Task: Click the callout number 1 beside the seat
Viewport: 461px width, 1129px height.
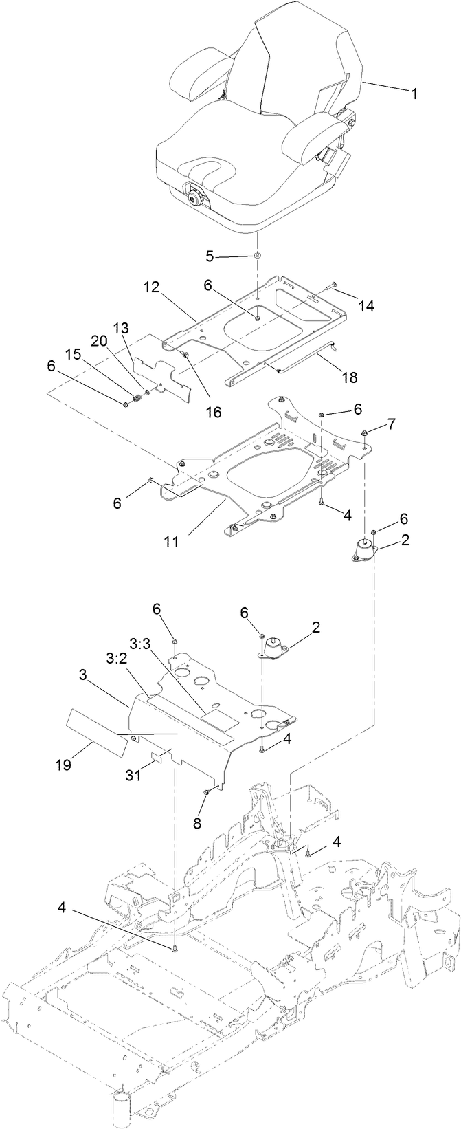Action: click(x=414, y=94)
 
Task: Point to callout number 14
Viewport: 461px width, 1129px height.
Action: click(x=366, y=307)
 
